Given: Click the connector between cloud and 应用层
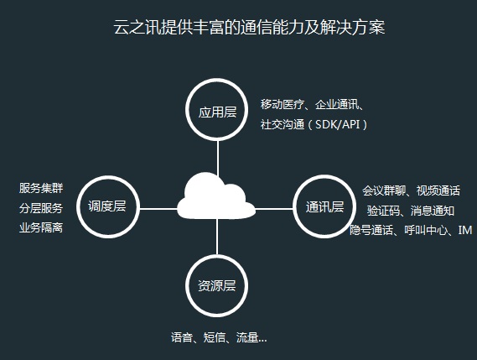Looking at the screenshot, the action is tap(218, 159).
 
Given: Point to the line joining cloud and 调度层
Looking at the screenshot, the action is tap(158, 209).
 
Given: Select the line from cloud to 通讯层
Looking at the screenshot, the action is tap(274, 209).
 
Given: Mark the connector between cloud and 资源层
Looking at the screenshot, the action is tap(217, 237).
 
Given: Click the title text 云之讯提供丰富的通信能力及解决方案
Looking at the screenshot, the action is tap(249, 27).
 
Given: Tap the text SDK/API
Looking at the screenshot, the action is tap(338, 124).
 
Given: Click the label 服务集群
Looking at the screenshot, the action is tap(41, 188).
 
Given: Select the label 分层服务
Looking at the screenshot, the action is tap(41, 208).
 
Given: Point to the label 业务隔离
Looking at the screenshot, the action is tap(41, 227).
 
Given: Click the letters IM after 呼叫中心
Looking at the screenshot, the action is tap(465, 230).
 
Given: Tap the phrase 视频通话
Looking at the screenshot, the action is tap(438, 190).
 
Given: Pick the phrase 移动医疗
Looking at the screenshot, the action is tap(283, 104).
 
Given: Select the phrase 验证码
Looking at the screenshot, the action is tap(383, 211).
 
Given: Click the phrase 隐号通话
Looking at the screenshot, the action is tap(371, 230).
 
